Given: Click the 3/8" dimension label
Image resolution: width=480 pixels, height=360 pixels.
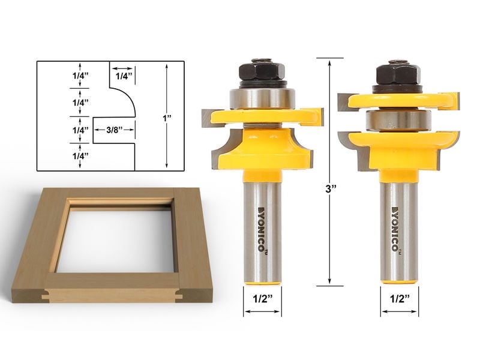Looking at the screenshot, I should pos(112,130).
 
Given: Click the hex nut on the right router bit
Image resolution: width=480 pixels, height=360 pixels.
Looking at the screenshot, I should pos(397,74).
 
